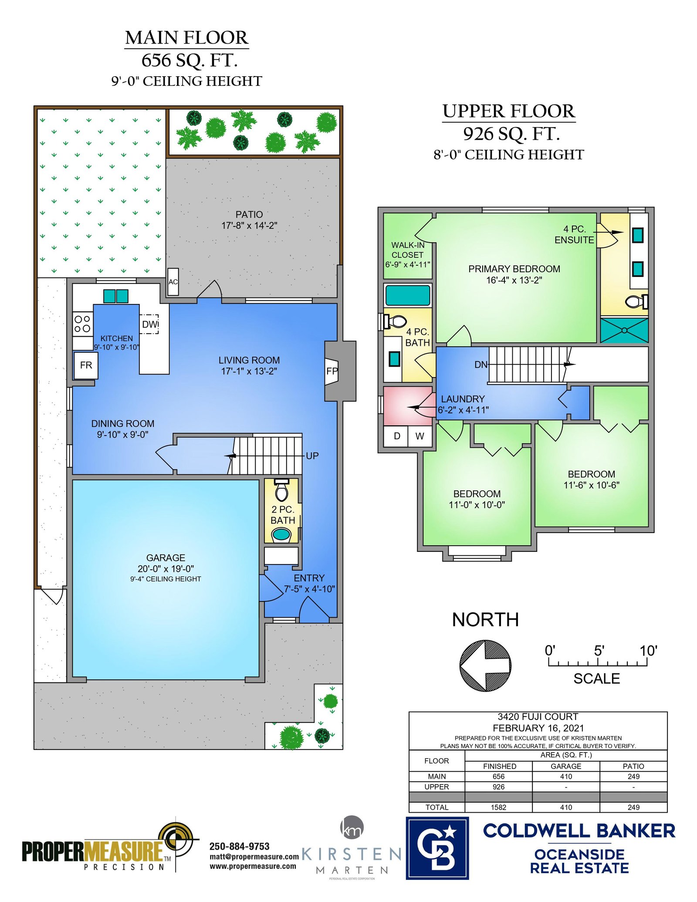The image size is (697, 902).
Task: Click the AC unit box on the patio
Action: pyautogui.click(x=173, y=282)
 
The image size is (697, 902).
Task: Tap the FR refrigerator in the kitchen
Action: pyautogui.click(x=86, y=365)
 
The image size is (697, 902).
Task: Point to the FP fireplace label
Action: pyautogui.click(x=332, y=371)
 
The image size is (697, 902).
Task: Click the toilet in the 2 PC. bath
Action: pyautogui.click(x=282, y=490)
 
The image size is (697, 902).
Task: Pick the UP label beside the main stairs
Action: pyautogui.click(x=312, y=456)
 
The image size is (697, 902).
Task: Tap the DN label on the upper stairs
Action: pyautogui.click(x=481, y=365)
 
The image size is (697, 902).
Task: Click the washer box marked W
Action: pyautogui.click(x=420, y=436)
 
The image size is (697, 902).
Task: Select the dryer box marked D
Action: pyautogui.click(x=396, y=436)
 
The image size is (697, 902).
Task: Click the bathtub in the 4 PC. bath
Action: pyautogui.click(x=408, y=295)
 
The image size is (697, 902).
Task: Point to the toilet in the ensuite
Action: pyautogui.click(x=636, y=301)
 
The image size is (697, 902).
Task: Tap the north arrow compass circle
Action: pyautogui.click(x=485, y=666)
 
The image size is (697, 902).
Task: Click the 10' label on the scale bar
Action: pyautogui.click(x=648, y=651)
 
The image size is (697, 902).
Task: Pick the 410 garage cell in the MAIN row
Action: pyautogui.click(x=566, y=777)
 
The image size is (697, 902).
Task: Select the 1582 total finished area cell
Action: pyautogui.click(x=498, y=807)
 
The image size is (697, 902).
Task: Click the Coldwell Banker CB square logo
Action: pyautogui.click(x=437, y=848)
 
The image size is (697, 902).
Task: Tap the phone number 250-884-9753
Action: pyautogui.click(x=240, y=846)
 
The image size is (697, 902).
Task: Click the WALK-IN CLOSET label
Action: pyautogui.click(x=408, y=250)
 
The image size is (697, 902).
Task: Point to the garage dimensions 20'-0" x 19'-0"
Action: pyautogui.click(x=166, y=569)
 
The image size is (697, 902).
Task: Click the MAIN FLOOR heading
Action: pyautogui.click(x=186, y=38)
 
